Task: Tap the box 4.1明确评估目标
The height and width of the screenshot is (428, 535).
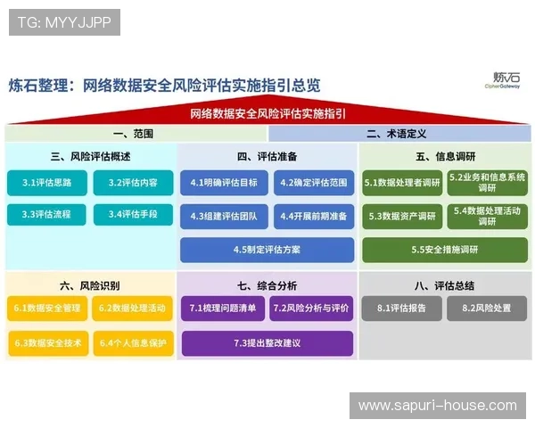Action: tap(223, 183)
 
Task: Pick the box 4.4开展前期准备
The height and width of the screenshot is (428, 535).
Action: tap(309, 216)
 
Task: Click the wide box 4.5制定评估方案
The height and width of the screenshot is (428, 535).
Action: tap(267, 250)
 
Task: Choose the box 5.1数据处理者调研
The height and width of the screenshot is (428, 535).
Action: tap(402, 183)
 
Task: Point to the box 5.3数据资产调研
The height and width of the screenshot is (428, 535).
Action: tap(402, 216)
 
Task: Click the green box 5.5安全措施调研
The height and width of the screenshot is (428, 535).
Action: tap(445, 250)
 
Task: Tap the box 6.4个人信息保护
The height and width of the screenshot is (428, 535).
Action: tap(133, 342)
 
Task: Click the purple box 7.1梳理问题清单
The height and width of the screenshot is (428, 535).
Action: tap(223, 309)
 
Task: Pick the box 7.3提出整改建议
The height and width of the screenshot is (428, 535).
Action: tap(267, 342)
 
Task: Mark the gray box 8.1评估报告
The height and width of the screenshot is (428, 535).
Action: tap(402, 309)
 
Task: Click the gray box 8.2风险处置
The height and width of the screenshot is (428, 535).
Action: tap(488, 309)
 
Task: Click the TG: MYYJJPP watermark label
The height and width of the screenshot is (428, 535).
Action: tap(64, 22)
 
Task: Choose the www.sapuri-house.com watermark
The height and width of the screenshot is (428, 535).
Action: tap(437, 406)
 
